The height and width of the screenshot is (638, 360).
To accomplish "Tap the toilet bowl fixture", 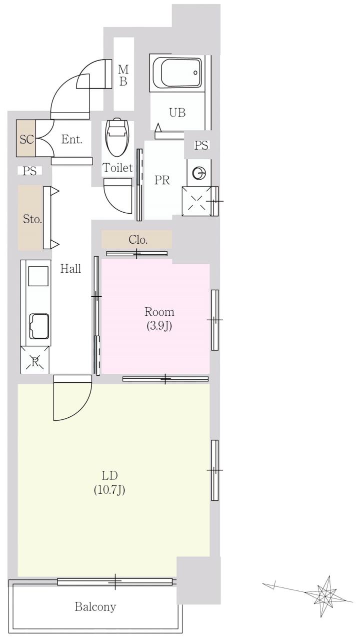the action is (116, 137).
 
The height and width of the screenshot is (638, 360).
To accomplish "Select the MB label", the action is (123, 75).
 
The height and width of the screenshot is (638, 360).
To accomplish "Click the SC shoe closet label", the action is (26, 139).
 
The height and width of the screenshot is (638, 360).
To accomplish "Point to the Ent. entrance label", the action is (71, 139).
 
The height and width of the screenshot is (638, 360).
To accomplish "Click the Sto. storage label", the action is (32, 219).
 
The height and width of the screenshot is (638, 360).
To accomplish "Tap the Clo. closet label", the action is (138, 240).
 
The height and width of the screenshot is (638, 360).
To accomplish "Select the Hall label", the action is (70, 269).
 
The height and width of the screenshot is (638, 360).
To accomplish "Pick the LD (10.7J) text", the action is (109, 483).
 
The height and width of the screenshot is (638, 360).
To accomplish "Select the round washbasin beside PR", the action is (198, 173).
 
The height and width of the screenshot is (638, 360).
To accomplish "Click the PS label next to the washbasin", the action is (201, 146).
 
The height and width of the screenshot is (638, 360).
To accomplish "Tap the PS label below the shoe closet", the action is (29, 171).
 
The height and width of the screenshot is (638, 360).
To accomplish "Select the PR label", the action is (162, 180).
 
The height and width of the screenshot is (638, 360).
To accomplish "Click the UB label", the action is (177, 113).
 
